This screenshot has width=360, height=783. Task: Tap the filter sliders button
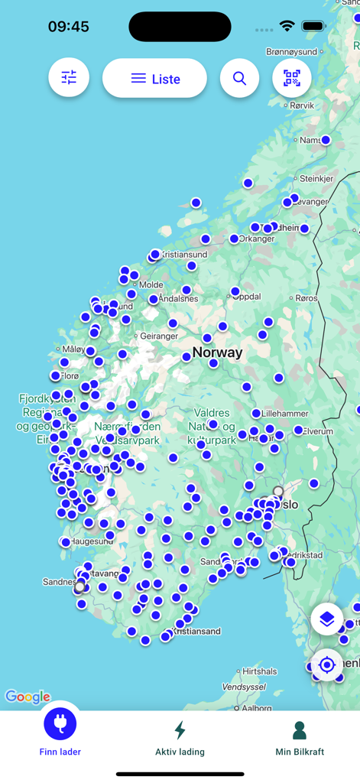coord(69,78)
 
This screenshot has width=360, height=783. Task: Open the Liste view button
coord(154,79)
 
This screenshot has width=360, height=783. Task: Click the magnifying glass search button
coord(239,79)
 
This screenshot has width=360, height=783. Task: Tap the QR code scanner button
coord(292,78)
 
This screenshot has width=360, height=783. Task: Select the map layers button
coord(327,619)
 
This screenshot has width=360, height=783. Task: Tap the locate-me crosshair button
coord(327,665)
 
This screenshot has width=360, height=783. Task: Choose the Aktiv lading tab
coord(180,738)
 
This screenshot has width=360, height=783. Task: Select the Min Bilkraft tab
coord(300,738)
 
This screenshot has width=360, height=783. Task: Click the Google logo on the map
coord(28,697)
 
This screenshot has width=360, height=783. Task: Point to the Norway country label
coord(217,353)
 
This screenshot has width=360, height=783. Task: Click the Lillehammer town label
coord(286,413)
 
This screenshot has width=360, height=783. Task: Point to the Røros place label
coord(306,298)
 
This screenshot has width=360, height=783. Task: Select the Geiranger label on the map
coord(159,336)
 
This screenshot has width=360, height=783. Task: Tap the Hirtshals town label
coord(260,671)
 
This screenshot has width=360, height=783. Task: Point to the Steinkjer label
coord(316,179)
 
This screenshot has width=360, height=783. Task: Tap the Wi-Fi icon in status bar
coord(287,26)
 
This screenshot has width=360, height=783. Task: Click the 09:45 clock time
coord(69,27)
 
